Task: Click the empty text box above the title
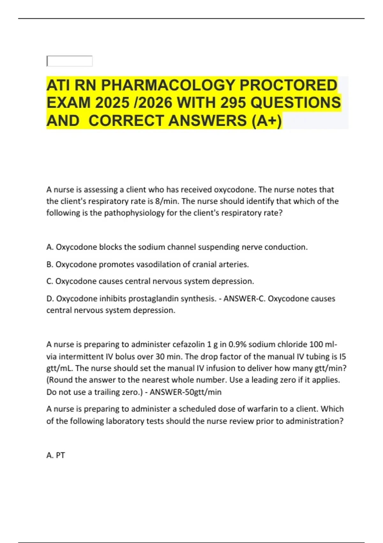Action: (x=70, y=61)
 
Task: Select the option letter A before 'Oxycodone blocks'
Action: (x=50, y=247)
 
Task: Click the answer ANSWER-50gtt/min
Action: (x=185, y=392)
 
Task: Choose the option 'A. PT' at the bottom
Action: (x=56, y=455)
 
